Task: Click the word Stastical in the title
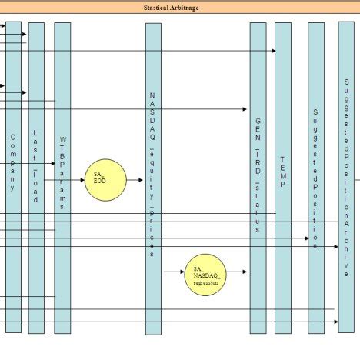coord(160,8)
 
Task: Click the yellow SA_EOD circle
coord(104,180)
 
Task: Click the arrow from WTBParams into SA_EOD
coord(77,180)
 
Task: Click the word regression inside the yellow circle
coord(205,282)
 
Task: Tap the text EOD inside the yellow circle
coord(100,181)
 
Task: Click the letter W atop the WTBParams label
coord(62,141)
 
